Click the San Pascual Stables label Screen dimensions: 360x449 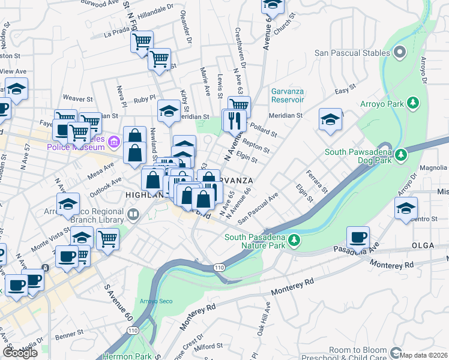click(352, 53)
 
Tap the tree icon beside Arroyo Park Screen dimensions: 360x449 click(412, 103)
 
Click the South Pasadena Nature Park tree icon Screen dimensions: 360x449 click(294, 241)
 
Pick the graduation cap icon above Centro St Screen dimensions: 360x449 click(406, 209)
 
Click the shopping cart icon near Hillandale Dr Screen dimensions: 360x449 click(142, 43)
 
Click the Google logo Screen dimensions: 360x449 click(20, 353)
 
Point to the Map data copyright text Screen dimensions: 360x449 click(424, 355)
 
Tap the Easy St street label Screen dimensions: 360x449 click(345, 91)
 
